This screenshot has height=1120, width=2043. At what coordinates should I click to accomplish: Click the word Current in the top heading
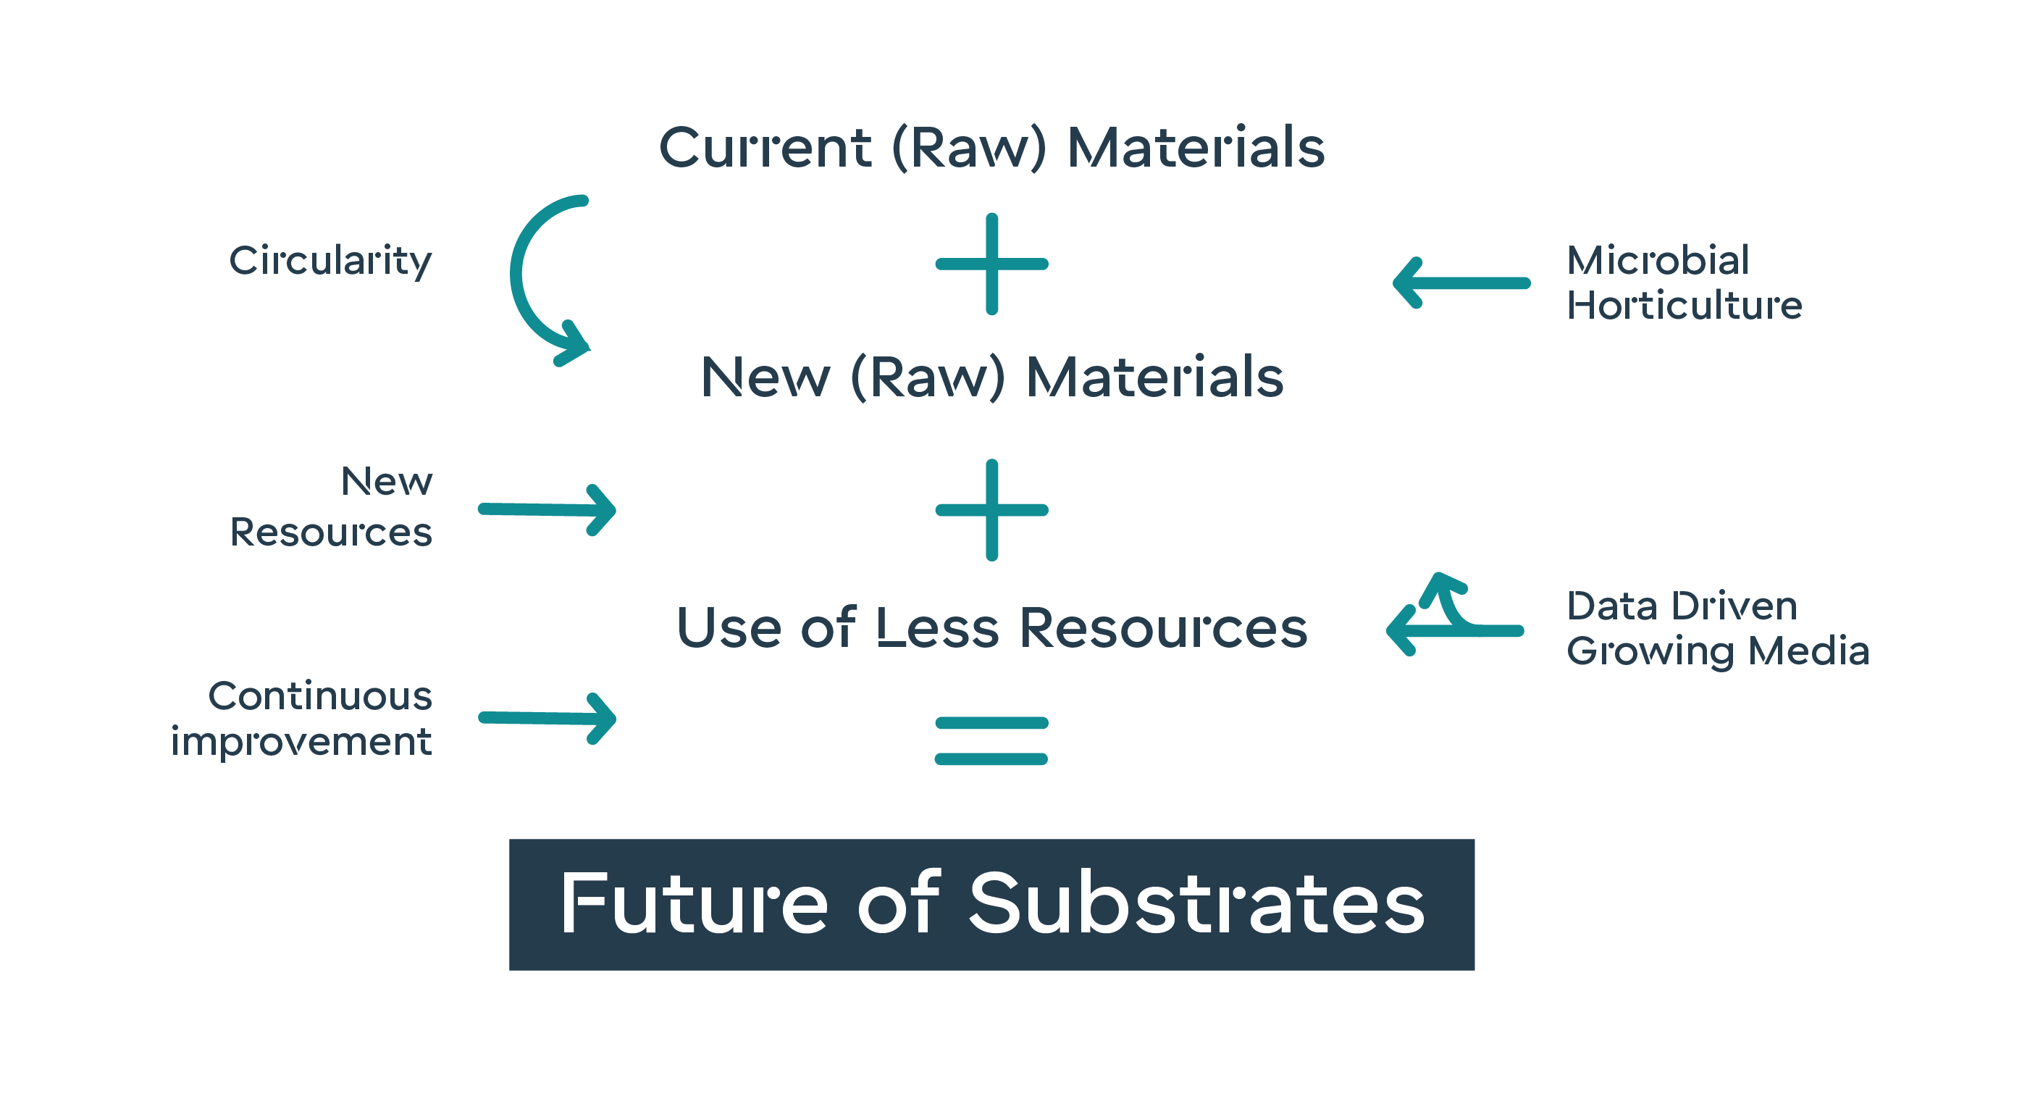coord(765,149)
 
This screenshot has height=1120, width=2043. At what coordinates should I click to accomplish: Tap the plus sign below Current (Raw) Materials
coord(991,264)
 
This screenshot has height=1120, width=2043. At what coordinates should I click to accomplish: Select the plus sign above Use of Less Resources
coord(991,510)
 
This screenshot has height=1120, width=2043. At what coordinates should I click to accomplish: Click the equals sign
coord(991,741)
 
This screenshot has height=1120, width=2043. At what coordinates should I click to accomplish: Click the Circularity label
coord(331,261)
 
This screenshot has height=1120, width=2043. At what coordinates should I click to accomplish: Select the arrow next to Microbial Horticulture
coord(1461,283)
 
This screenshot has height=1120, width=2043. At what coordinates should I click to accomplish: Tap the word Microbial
coord(1658,260)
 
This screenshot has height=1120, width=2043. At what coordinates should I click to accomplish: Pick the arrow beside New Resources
coord(548,510)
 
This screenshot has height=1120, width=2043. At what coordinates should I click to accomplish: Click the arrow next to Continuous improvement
coord(548,719)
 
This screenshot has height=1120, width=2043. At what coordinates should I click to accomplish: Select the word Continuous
coord(320,696)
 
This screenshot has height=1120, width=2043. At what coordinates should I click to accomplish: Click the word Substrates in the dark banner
coord(1197,903)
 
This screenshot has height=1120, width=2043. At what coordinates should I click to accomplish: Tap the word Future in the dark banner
coord(694,903)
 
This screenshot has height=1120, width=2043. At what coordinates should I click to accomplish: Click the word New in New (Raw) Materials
coord(765,377)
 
